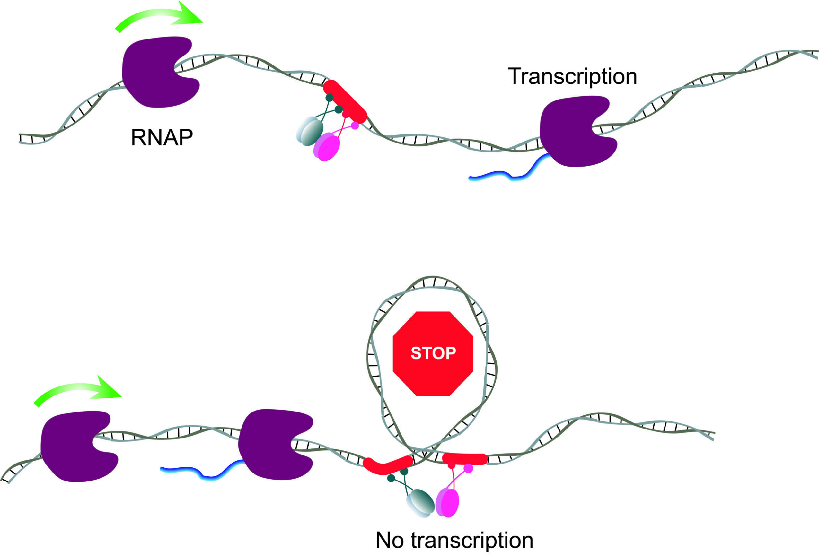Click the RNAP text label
tap(162, 138)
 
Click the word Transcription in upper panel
tap(572, 76)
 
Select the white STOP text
tap(433, 353)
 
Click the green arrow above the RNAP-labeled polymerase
tap(159, 18)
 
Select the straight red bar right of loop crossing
tap(464, 458)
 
